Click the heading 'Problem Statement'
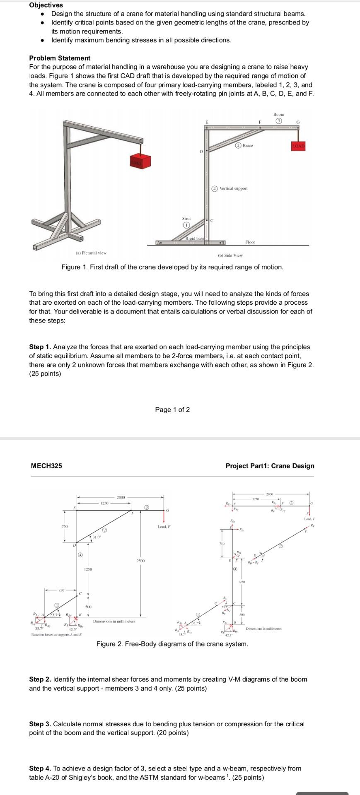click(60, 58)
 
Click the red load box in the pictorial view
click(141, 162)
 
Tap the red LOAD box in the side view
click(298, 146)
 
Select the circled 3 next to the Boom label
click(279, 121)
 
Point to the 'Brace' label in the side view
click(248, 145)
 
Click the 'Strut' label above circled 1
click(186, 218)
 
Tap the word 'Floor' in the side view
click(250, 242)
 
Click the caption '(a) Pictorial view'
click(91, 253)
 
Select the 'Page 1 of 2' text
click(172, 410)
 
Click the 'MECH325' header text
click(46, 466)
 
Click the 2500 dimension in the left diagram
click(141, 561)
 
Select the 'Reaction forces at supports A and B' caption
click(57, 635)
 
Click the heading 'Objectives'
click(46, 5)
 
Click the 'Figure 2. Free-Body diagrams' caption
click(172, 644)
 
